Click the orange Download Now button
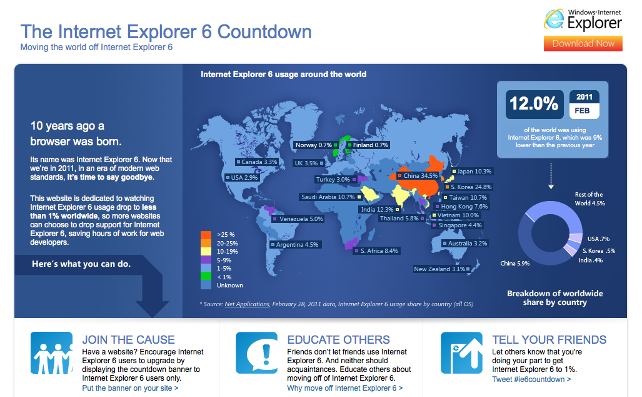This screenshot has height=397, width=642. [x=583, y=43]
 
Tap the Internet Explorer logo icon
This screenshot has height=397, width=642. [x=554, y=19]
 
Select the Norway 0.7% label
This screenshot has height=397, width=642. [x=316, y=145]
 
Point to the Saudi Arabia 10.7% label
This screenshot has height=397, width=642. [x=331, y=197]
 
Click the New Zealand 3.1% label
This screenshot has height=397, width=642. [x=441, y=269]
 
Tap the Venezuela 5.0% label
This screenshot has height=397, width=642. [x=298, y=219]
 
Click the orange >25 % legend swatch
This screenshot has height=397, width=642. [x=206, y=235]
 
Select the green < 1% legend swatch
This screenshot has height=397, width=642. [x=206, y=277]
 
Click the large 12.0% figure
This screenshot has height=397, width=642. [x=534, y=104]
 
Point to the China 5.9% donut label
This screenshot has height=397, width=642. [x=514, y=263]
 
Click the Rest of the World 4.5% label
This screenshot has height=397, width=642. [x=589, y=199]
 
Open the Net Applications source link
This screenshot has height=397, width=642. [x=247, y=304]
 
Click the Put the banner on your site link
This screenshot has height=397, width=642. [x=130, y=388]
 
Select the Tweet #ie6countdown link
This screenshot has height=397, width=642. [x=531, y=379]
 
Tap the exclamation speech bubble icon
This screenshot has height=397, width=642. [x=257, y=353]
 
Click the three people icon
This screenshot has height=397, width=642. [x=52, y=353]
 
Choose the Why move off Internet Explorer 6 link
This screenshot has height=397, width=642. [x=344, y=388]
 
